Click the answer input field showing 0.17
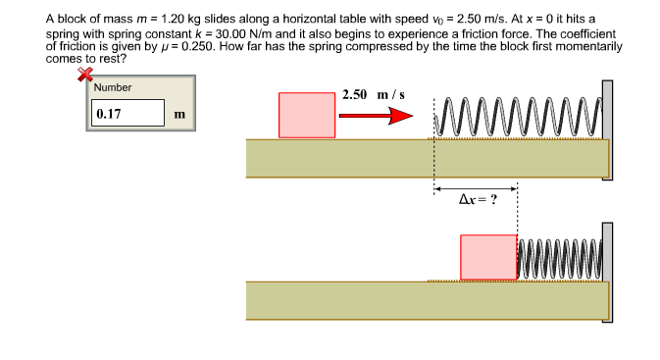click(x=127, y=113)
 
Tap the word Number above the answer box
click(x=113, y=87)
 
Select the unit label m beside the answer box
click(x=178, y=114)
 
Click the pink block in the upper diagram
click(x=306, y=115)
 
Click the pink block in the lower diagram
click(x=488, y=258)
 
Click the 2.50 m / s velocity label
click(x=374, y=95)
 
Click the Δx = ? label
click(x=478, y=200)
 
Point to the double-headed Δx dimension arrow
click(x=476, y=188)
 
